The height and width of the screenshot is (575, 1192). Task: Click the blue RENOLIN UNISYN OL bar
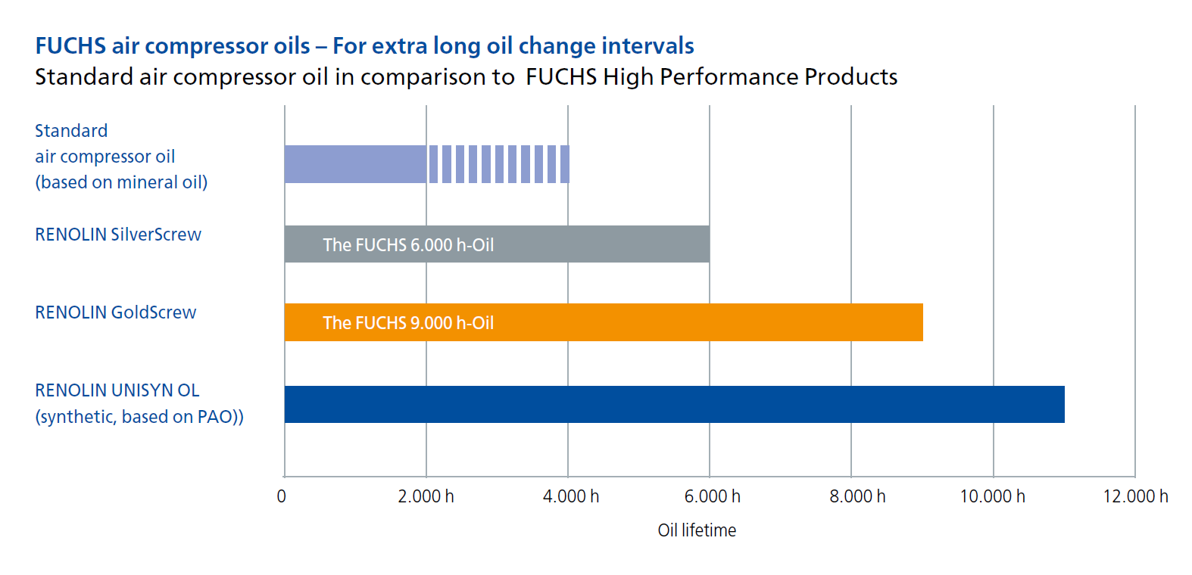tap(674, 405)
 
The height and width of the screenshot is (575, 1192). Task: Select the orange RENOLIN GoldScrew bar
tap(604, 322)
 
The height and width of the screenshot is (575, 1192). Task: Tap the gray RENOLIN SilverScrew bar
tap(497, 244)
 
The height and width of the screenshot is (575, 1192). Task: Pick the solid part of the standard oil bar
tap(355, 164)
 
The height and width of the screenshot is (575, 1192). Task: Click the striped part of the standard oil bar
tap(499, 164)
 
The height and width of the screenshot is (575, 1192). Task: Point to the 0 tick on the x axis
tap(282, 496)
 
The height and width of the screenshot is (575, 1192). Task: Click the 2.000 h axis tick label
tap(426, 496)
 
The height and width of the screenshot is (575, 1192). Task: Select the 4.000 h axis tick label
tap(571, 496)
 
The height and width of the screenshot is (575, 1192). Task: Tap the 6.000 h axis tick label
tap(713, 496)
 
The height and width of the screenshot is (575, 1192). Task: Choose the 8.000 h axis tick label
tap(858, 496)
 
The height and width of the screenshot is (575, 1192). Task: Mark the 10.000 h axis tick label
tap(992, 496)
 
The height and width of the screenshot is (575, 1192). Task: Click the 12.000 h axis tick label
tap(1136, 496)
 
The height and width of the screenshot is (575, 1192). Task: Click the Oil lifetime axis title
tap(697, 530)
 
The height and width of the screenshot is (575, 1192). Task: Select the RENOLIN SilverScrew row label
tap(118, 235)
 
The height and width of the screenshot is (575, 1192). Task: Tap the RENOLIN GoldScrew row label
tap(115, 312)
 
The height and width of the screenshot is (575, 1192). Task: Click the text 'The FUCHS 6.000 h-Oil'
tap(408, 245)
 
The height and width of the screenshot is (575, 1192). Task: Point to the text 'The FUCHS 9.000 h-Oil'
tap(408, 323)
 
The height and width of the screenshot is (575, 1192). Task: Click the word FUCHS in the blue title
tap(70, 46)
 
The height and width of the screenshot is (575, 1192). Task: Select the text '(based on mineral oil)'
tap(121, 182)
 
